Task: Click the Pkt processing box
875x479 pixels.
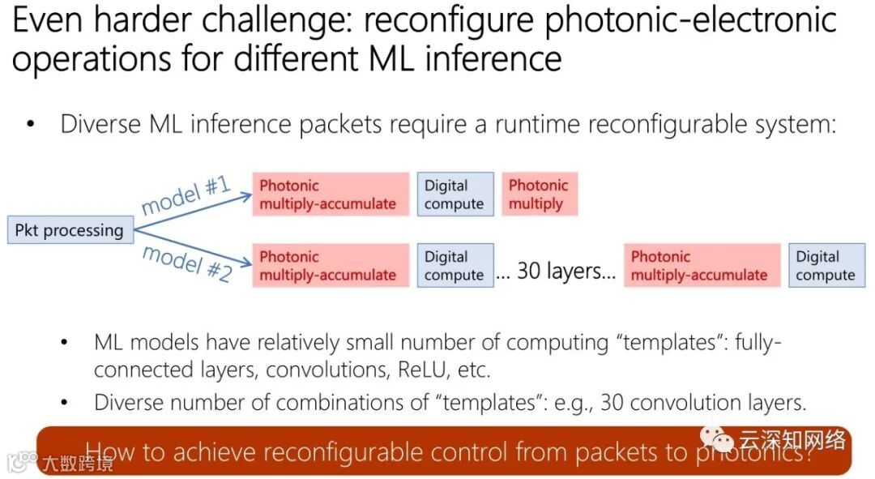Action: [69, 230]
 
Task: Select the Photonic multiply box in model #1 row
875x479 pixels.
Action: [539, 195]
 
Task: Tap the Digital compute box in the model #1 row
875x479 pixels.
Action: [455, 195]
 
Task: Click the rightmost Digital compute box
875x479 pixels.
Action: [826, 266]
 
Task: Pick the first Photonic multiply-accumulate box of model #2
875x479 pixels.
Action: [331, 266]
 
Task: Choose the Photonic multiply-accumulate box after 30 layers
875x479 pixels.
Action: [702, 266]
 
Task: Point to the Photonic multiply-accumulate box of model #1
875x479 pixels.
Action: [331, 195]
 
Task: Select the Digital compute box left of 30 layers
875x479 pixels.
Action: [455, 266]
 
